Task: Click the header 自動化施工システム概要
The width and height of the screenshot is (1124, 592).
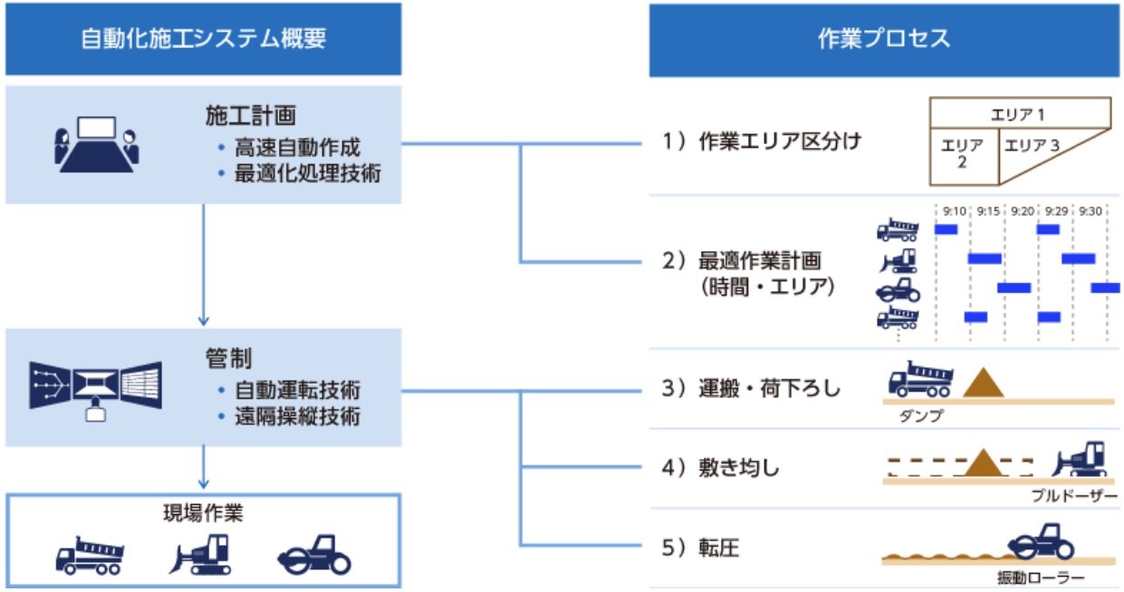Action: click(x=203, y=39)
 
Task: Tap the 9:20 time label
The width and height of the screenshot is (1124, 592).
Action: click(x=1022, y=211)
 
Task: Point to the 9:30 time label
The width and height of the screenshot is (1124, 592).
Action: click(x=1091, y=211)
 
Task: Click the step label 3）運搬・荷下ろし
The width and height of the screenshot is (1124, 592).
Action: click(x=751, y=389)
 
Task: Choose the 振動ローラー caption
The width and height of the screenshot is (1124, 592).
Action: click(x=1042, y=577)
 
